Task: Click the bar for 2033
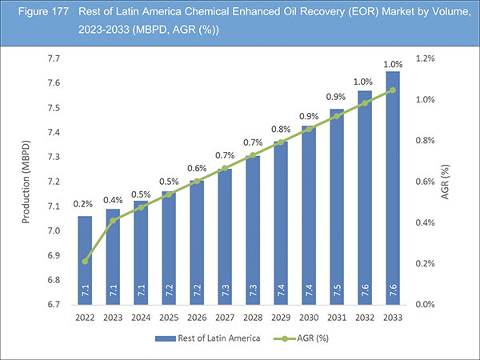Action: point(392,188)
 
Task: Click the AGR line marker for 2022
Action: point(84,261)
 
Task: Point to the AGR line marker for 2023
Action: point(112,220)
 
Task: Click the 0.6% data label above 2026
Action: point(196,169)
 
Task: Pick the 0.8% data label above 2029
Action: point(280,130)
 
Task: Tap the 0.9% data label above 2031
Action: point(336,97)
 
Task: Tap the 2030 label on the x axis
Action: point(308,317)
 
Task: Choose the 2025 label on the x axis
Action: point(168,317)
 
